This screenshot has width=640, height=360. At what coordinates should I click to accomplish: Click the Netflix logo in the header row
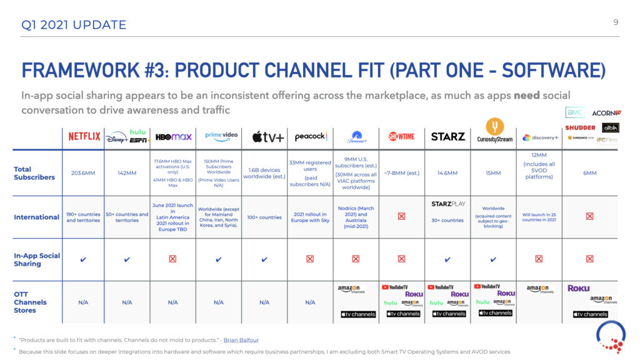click(x=84, y=136)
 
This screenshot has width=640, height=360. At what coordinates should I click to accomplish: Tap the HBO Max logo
click(x=172, y=136)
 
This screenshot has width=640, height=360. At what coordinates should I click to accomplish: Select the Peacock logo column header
click(x=311, y=136)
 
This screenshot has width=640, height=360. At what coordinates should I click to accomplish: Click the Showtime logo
click(x=401, y=136)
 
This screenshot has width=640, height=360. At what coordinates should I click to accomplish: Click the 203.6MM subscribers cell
click(x=84, y=173)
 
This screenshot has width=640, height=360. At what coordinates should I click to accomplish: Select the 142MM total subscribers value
click(x=127, y=173)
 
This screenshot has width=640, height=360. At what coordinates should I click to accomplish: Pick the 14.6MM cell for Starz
click(x=447, y=173)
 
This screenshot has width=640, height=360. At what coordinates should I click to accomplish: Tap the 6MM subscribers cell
click(x=589, y=173)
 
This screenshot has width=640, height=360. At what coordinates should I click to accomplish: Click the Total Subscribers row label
click(x=34, y=173)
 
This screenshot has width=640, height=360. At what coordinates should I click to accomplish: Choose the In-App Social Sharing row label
click(x=36, y=259)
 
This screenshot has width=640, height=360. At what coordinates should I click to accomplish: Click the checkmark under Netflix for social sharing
click(x=84, y=259)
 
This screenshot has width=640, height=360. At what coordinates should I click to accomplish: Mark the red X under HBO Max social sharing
click(x=172, y=259)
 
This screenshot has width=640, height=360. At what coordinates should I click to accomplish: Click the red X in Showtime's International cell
click(x=401, y=217)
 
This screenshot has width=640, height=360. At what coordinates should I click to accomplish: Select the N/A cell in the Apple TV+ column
click(x=264, y=302)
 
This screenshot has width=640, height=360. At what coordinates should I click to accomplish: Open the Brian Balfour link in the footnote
click(x=241, y=340)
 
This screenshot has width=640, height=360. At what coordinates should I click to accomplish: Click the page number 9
click(x=616, y=22)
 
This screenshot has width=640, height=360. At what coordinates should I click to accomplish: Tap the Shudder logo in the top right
click(x=580, y=127)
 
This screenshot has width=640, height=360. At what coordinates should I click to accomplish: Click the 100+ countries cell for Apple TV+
click(x=264, y=217)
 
